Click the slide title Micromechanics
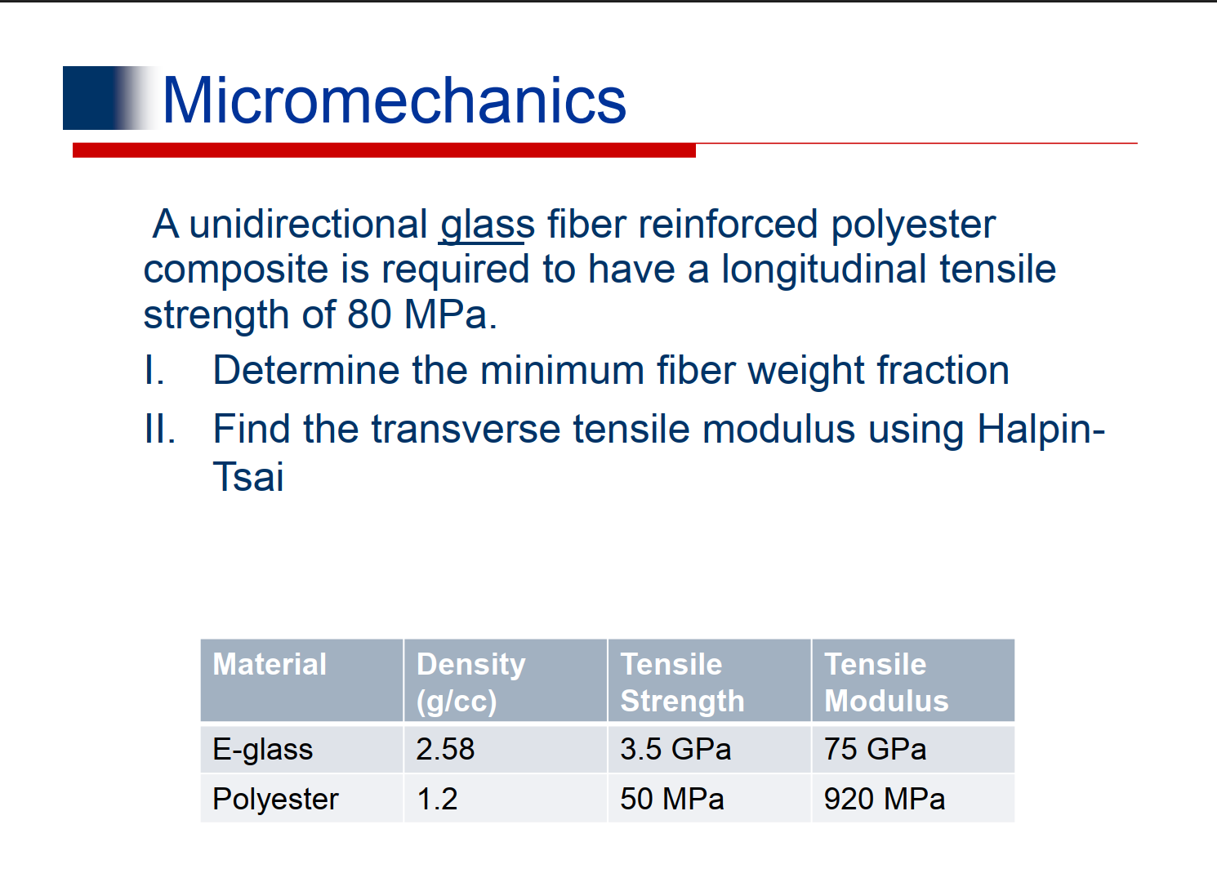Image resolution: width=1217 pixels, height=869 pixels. pyautogui.click(x=395, y=100)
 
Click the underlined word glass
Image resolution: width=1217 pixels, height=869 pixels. pyautogui.click(x=487, y=225)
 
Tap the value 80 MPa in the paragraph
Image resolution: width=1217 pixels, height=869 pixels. pyautogui.click(x=421, y=315)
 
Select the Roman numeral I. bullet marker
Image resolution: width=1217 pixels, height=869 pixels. pyautogui.click(x=154, y=371)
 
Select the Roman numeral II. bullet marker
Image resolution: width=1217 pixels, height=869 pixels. pyautogui.click(x=159, y=430)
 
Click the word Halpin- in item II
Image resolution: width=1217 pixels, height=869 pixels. pyautogui.click(x=1041, y=430)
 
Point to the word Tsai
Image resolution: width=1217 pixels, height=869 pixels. pyautogui.click(x=248, y=477)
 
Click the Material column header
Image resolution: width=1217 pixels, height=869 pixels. pyautogui.click(x=270, y=665)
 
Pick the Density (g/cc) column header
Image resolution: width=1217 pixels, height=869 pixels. pyautogui.click(x=470, y=682)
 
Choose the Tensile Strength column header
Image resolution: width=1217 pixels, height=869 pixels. pyautogui.click(x=682, y=682)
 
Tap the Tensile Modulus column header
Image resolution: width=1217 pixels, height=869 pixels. pyautogui.click(x=886, y=682)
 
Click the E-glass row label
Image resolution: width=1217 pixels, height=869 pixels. pyautogui.click(x=262, y=750)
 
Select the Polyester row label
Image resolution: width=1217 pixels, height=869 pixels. pyautogui.click(x=275, y=799)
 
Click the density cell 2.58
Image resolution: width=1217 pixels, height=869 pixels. pyautogui.click(x=445, y=750)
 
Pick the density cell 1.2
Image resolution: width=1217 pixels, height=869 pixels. pyautogui.click(x=437, y=799)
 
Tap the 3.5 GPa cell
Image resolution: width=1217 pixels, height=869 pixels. pyautogui.click(x=675, y=750)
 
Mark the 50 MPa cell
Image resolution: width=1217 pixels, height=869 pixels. pyautogui.click(x=671, y=799)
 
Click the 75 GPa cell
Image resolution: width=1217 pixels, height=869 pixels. pyautogui.click(x=875, y=750)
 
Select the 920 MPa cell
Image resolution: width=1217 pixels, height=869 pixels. pyautogui.click(x=884, y=799)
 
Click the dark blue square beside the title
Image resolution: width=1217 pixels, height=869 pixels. pyautogui.click(x=91, y=98)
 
